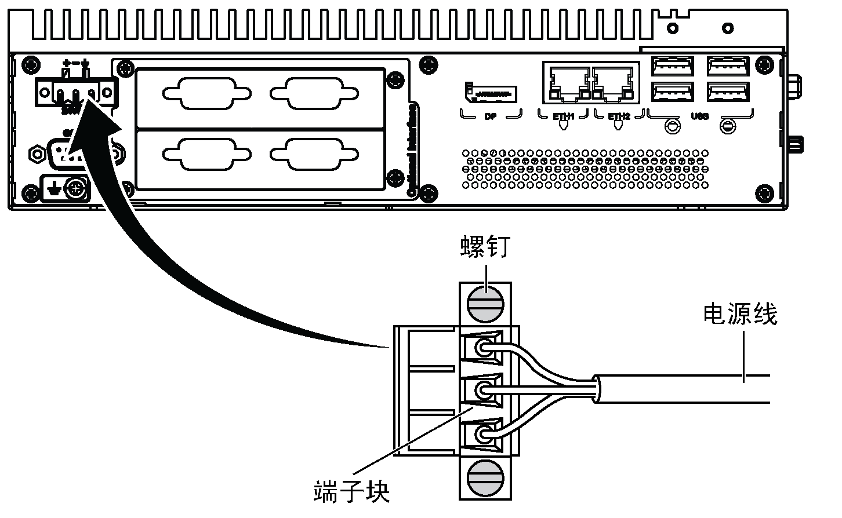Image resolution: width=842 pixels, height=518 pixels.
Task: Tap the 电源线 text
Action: tap(739, 315)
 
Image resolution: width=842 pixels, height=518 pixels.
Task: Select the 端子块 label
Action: tap(351, 491)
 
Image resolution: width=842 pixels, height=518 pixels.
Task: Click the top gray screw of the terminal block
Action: tap(485, 305)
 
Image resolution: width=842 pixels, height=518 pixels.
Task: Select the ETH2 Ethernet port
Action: tap(614, 82)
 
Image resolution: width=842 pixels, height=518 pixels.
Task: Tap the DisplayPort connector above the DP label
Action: tap(491, 92)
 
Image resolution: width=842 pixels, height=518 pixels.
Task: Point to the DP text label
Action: tap(491, 116)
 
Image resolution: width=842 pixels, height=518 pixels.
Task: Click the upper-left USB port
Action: tap(672, 67)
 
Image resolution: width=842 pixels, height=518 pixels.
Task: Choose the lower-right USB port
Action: tap(728, 92)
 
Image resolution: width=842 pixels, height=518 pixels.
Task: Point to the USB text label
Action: tap(700, 116)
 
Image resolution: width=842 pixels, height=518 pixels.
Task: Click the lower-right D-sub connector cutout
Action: tap(314, 154)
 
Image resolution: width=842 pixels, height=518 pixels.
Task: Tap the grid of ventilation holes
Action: tap(586, 169)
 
